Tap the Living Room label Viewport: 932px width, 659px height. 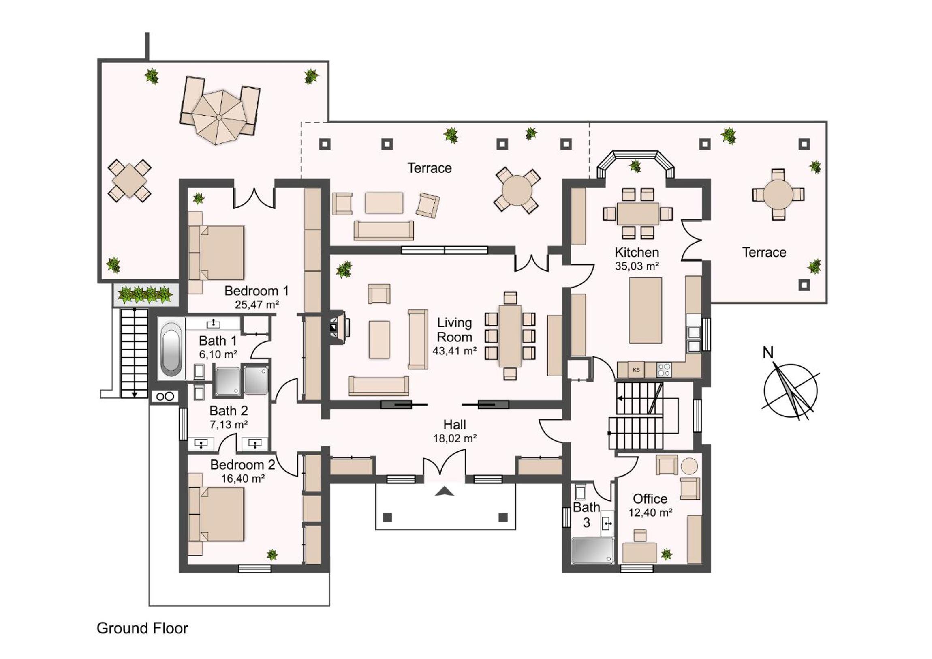454,330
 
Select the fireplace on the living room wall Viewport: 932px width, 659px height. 339,327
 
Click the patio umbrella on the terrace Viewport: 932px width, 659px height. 219,117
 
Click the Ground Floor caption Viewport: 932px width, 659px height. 143,628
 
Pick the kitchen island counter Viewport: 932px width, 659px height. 646,310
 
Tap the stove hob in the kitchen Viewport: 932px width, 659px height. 664,370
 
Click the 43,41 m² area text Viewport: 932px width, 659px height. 454,351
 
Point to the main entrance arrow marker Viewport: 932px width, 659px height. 445,492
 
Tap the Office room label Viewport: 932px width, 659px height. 650,498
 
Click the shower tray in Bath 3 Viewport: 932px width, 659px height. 592,551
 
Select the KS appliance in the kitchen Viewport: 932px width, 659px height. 636,370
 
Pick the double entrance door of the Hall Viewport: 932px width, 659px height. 445,467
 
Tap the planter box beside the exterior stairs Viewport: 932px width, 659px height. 145,294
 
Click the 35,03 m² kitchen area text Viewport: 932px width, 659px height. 637,266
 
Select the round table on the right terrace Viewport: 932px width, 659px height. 778,195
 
